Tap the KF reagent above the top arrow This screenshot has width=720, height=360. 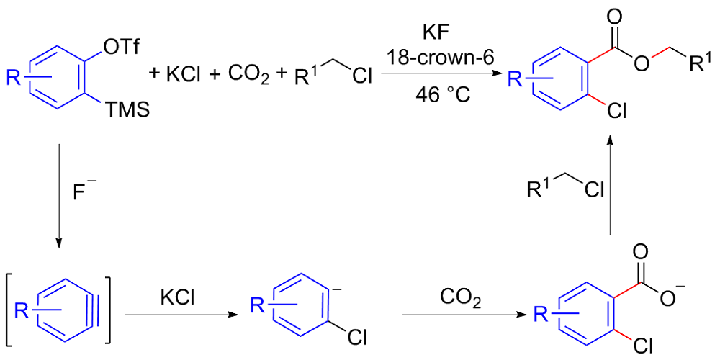pos(438,33)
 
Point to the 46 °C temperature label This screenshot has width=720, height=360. pos(438,94)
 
